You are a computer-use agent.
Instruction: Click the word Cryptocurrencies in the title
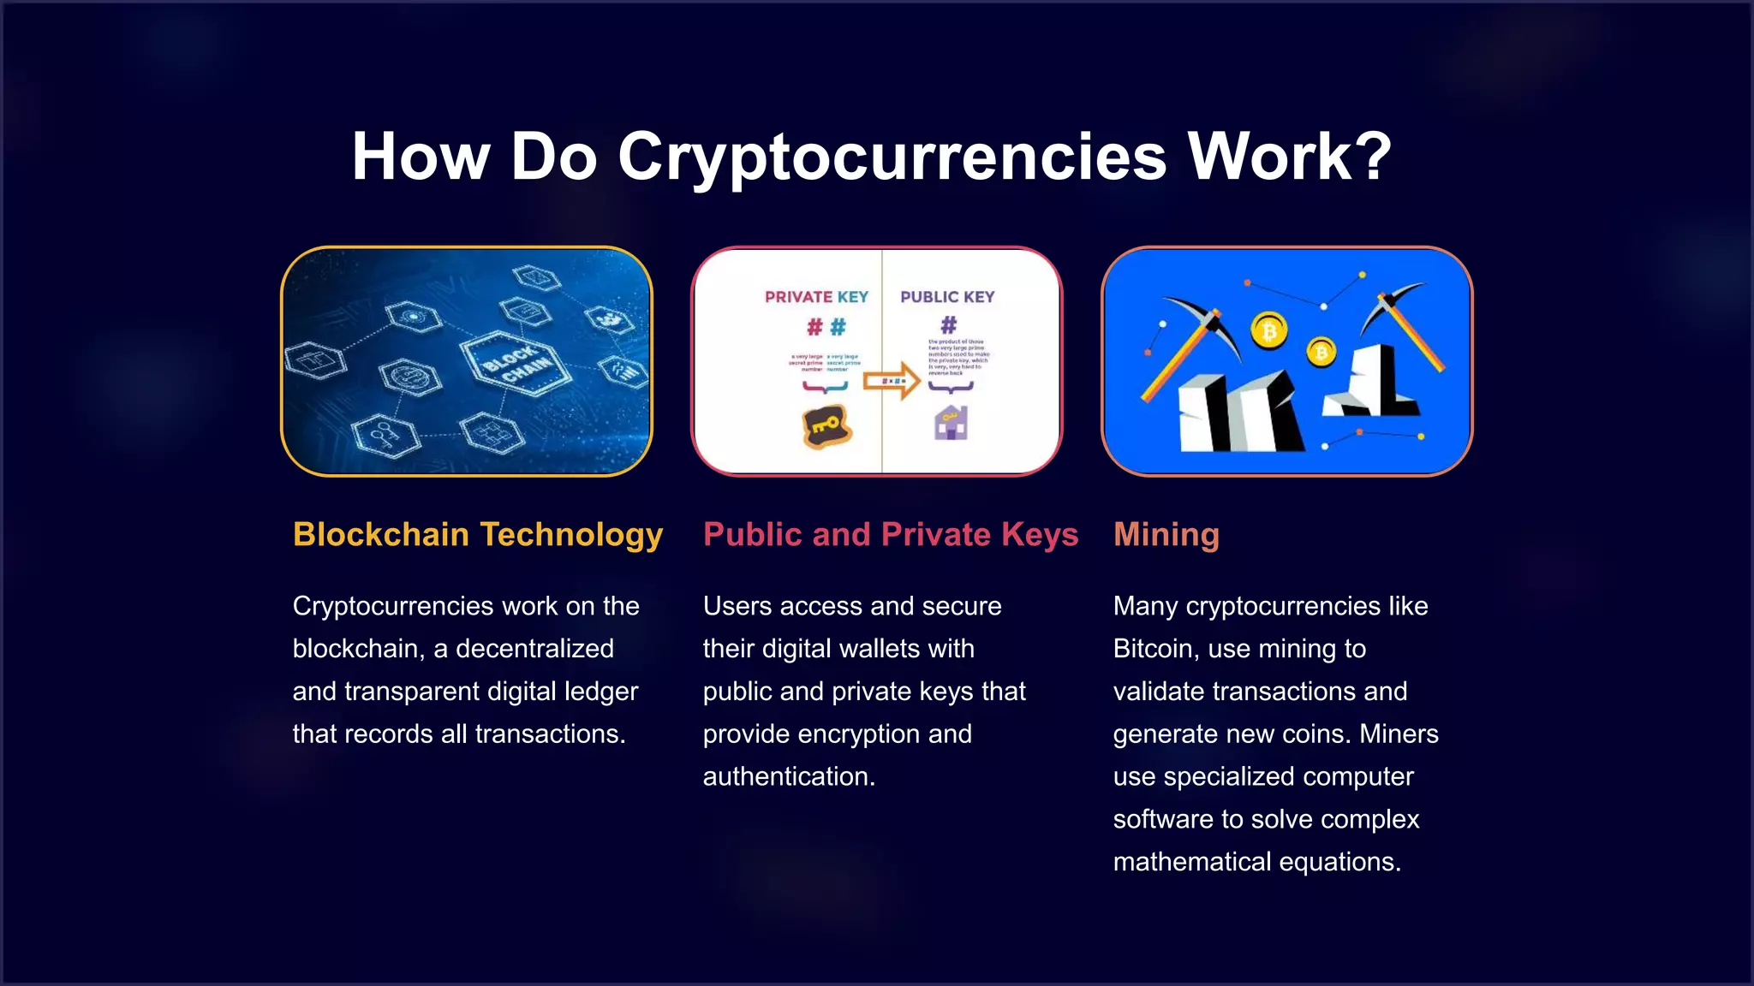coord(892,157)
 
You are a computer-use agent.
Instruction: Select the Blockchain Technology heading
coord(478,534)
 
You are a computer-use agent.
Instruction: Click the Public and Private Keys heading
coord(890,534)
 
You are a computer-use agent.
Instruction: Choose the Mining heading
coord(1166,534)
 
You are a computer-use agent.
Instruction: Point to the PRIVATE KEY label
coord(816,297)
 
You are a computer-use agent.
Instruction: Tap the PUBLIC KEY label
coord(947,297)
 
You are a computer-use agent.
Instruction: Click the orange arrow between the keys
coord(891,382)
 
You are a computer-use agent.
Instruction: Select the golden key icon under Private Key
coord(826,425)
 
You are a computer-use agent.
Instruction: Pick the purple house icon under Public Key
coord(951,423)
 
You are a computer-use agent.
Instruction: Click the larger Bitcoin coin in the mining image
coord(1269,331)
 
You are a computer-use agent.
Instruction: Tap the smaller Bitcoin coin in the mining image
coord(1321,351)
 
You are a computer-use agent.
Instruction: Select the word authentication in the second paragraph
coord(788,776)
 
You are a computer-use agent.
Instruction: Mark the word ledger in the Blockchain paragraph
coord(602,692)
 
